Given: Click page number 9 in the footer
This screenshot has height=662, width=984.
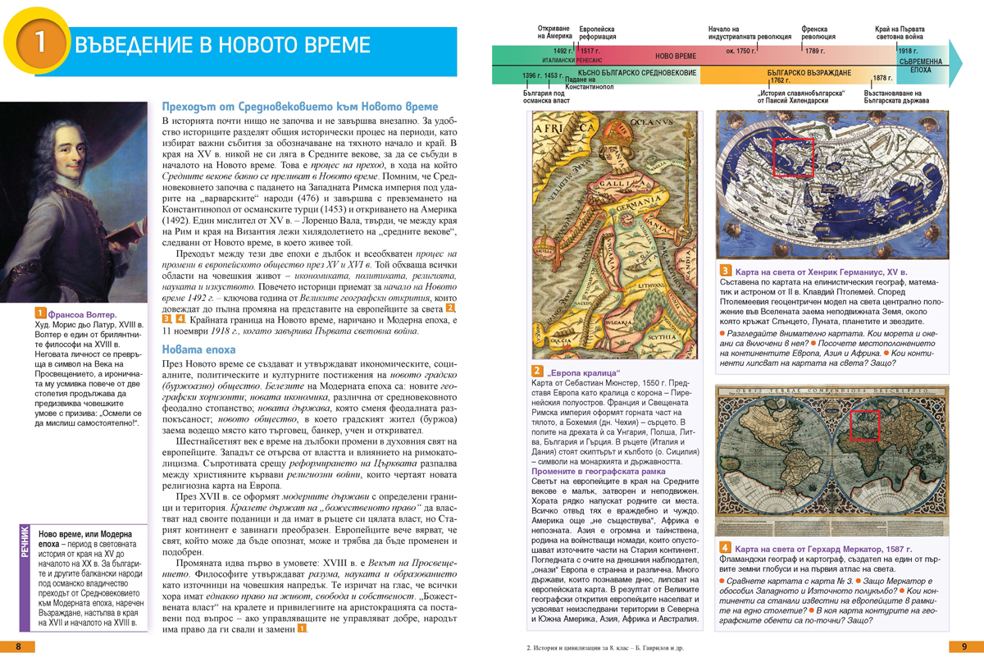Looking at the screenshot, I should coord(964,646).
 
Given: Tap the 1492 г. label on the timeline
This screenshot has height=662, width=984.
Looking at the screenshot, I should coord(563,51).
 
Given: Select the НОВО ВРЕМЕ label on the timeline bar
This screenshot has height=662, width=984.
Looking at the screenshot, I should coord(675,56).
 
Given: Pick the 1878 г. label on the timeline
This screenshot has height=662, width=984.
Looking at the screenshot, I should coord(882,79).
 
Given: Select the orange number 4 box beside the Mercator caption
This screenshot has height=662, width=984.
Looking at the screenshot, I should coord(725,548).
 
